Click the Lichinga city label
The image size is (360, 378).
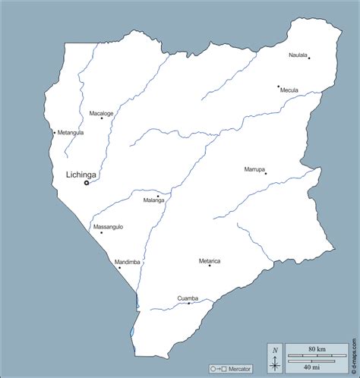71,174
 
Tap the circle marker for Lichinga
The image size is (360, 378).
87,183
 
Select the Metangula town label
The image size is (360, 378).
71,132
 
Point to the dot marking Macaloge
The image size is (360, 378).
102,118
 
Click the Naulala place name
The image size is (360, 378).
298,55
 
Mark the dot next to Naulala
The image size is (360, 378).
309,58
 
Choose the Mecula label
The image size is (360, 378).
289,90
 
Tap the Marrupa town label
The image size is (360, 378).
254,169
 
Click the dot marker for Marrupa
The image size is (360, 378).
266,174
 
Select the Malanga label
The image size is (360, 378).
153,201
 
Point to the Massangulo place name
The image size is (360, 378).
108,227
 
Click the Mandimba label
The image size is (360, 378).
128,262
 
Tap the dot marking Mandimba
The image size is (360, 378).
119,267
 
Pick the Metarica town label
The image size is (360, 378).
210,260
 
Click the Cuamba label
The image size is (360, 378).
188,298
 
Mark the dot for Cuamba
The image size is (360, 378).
189,303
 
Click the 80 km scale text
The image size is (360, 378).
317,350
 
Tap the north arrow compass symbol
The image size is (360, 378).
275,358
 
